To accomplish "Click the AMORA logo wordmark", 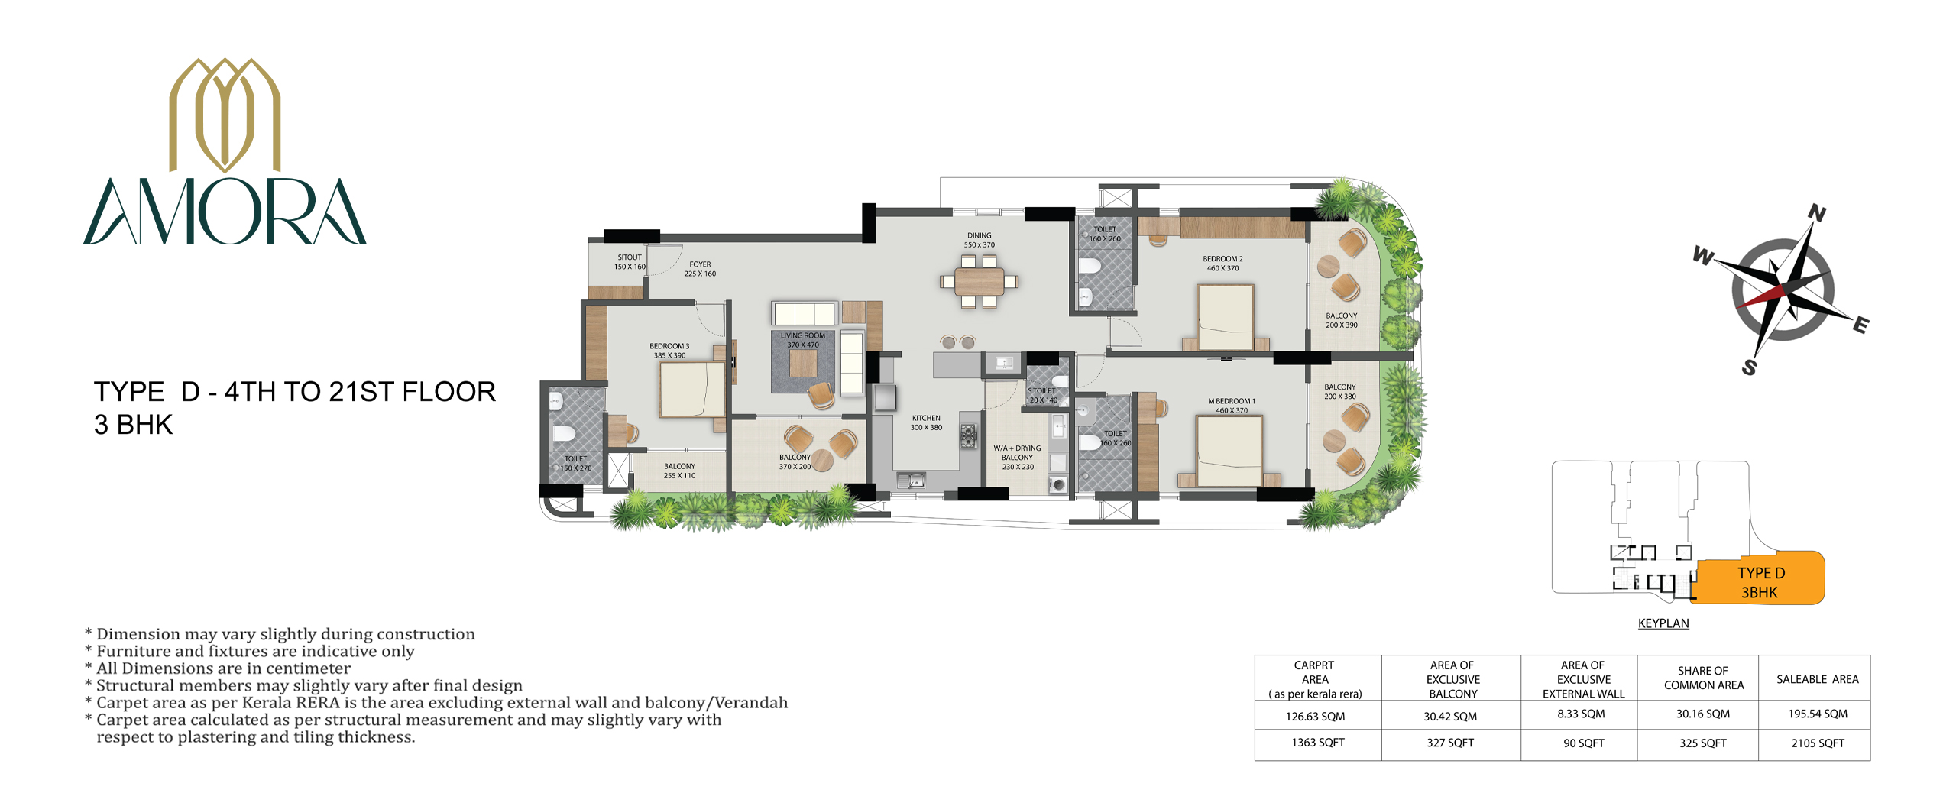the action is pyautogui.click(x=225, y=212).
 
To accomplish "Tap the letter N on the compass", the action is pyautogui.click(x=1817, y=213).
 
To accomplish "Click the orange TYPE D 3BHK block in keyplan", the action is pyautogui.click(x=1760, y=578).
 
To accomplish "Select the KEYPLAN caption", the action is pyautogui.click(x=1663, y=623).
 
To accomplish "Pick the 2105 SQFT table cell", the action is pyautogui.click(x=1818, y=743).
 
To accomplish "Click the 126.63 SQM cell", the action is pyautogui.click(x=1315, y=717).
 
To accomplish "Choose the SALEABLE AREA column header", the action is pyautogui.click(x=1818, y=679).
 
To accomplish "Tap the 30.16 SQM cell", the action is pyautogui.click(x=1703, y=714).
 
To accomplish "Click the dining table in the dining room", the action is pyautogui.click(x=979, y=281).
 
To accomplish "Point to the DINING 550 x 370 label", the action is pyautogui.click(x=980, y=241).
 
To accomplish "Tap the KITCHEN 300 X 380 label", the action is pyautogui.click(x=926, y=422).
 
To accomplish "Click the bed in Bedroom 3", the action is pyautogui.click(x=692, y=389).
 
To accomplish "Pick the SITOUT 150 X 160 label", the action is pyautogui.click(x=630, y=262).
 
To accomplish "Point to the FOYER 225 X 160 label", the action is pyautogui.click(x=700, y=269).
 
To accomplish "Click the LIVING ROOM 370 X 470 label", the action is pyautogui.click(x=803, y=340).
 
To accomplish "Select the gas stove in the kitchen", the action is pyautogui.click(x=969, y=436).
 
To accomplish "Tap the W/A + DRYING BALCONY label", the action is pyautogui.click(x=1017, y=458).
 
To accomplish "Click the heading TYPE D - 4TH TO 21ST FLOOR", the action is pyautogui.click(x=295, y=392).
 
